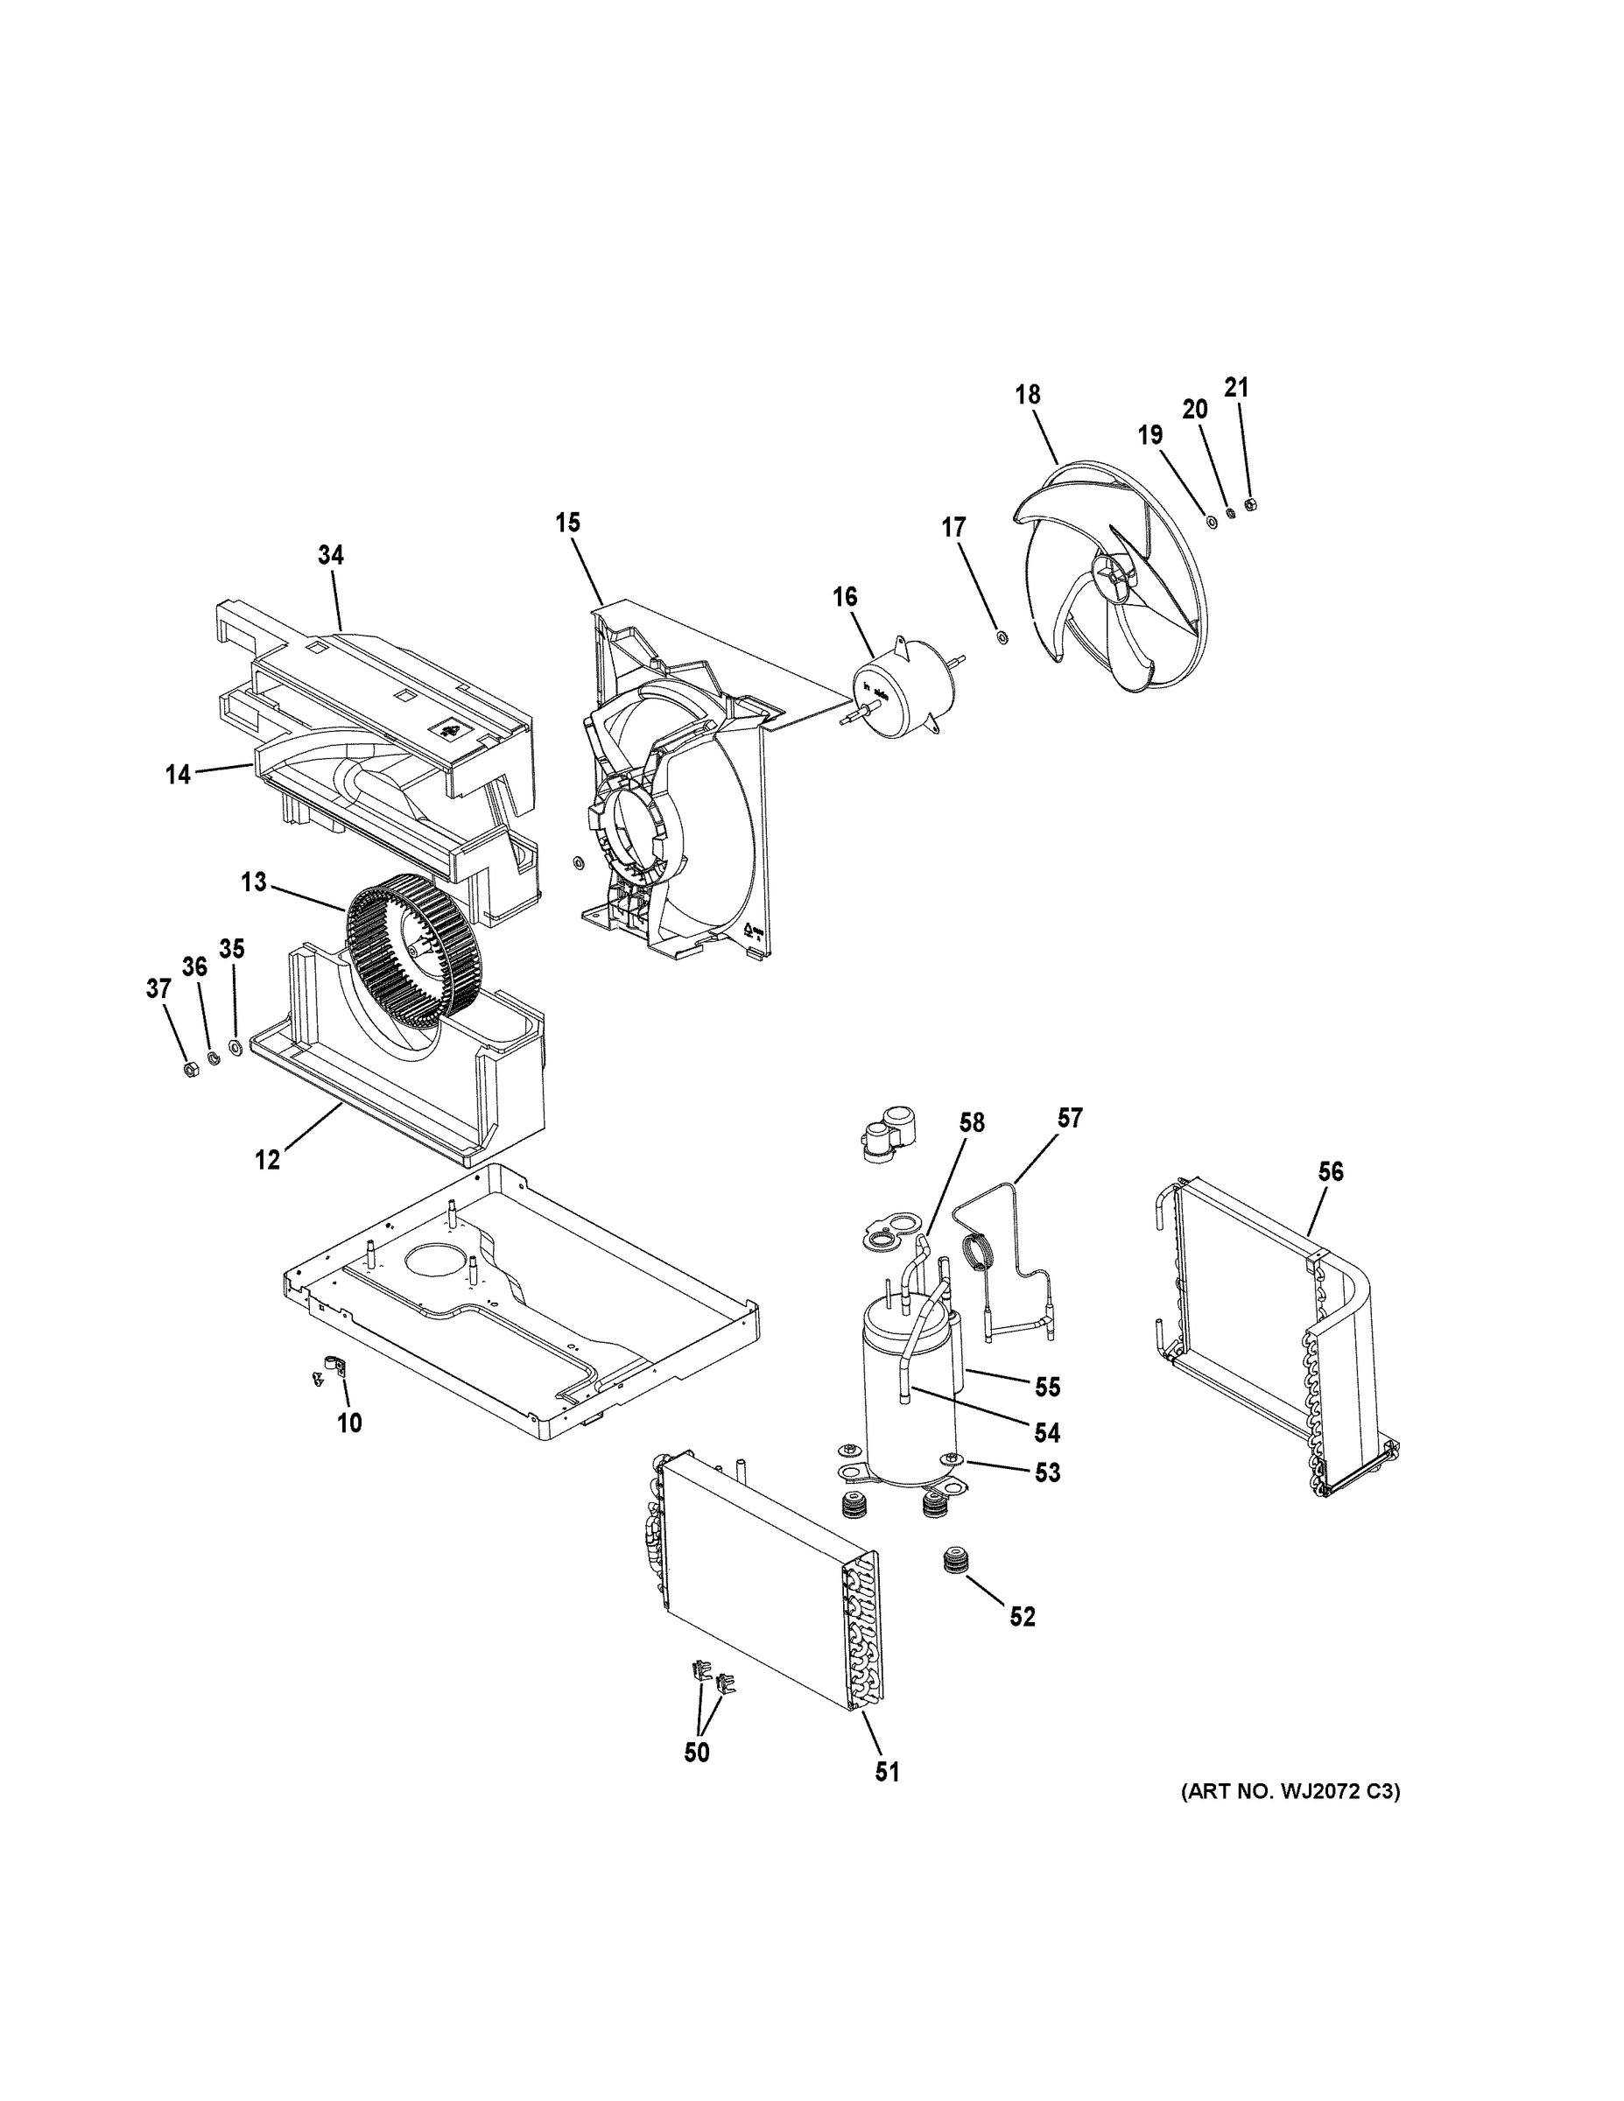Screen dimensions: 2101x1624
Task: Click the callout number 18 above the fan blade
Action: pos(1028,395)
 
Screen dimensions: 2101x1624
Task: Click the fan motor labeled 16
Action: pos(901,691)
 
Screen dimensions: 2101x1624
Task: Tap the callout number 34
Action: pos(331,555)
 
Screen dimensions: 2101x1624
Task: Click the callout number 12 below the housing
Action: pos(268,1160)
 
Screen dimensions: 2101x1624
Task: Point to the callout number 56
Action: pos(1331,1171)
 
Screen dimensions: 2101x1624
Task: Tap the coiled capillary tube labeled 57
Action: pos(979,1256)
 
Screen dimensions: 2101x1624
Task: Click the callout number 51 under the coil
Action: pos(887,1771)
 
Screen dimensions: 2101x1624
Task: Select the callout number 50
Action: pos(697,1753)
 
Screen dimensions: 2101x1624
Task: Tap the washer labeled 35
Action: pos(236,1046)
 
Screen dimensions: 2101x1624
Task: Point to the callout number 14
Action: pos(178,775)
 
